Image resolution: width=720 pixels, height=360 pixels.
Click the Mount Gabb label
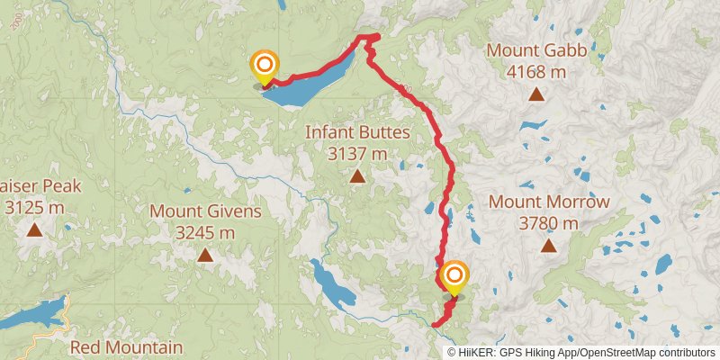[536, 50]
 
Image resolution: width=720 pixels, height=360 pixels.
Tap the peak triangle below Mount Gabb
[536, 94]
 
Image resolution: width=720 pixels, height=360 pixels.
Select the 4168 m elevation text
[536, 70]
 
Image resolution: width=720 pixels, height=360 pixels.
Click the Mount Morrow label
[549, 202]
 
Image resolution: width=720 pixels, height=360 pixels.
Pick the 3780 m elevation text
[549, 222]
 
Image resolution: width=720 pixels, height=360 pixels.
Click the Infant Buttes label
[357, 132]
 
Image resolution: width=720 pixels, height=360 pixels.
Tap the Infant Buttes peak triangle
[357, 176]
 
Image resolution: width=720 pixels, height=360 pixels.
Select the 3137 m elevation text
[357, 154]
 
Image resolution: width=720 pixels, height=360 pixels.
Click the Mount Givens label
[205, 212]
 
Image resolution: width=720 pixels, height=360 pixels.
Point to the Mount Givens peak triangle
[205, 256]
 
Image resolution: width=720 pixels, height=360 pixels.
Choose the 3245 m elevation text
[205, 233]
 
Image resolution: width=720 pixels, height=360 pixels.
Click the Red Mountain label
[126, 347]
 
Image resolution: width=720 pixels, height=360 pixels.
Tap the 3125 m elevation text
[34, 208]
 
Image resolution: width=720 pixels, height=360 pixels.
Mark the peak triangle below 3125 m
[34, 229]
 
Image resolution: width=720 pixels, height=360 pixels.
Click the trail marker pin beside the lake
[265, 65]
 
